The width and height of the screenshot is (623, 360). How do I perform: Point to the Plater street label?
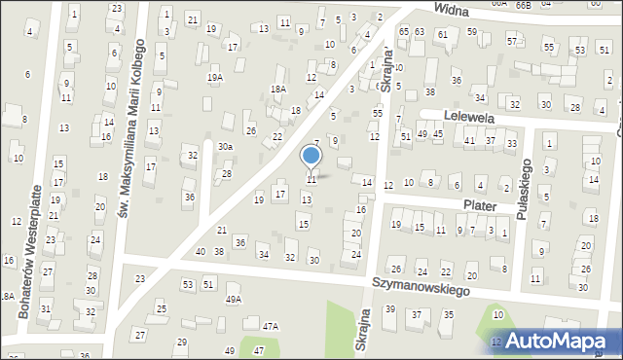click(480, 206)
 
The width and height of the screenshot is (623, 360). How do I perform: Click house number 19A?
click(214, 77)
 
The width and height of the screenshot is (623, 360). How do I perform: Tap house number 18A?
click(277, 89)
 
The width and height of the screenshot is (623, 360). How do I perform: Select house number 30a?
click(225, 146)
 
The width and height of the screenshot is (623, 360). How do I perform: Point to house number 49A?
click(233, 300)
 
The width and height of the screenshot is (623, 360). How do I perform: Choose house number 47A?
click(270, 326)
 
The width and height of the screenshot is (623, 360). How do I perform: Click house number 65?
click(404, 32)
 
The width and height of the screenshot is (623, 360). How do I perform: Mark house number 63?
click(419, 32)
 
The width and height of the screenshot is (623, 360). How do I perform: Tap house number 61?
click(442, 34)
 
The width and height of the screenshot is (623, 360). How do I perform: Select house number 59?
click(471, 32)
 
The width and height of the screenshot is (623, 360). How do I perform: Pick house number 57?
click(511, 42)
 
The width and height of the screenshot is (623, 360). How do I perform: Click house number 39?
click(389, 309)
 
